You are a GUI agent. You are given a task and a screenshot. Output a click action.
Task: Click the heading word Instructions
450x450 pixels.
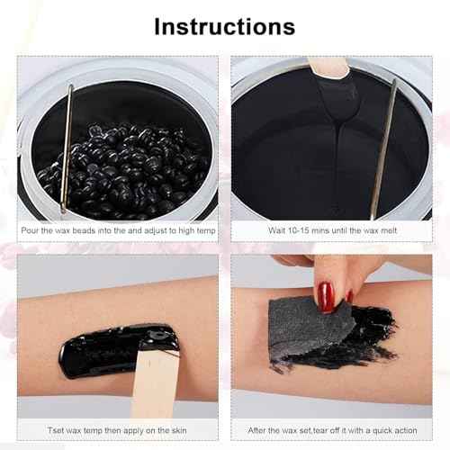pos(224,26)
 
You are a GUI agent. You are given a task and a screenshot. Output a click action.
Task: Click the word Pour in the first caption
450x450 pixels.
pos(34,231)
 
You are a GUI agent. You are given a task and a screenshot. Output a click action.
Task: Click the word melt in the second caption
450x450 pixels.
pos(391,231)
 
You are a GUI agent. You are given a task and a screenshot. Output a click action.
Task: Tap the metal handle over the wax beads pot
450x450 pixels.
pos(67,148)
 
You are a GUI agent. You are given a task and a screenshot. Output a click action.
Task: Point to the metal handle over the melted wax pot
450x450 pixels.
pos(384,148)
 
